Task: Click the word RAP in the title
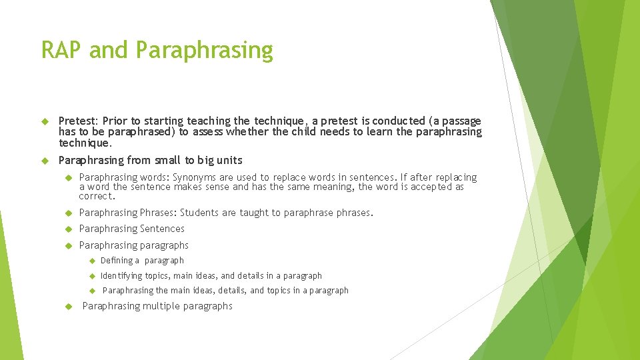[61, 50]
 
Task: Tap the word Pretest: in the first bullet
[79, 121]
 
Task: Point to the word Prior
[115, 121]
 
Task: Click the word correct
[97, 196]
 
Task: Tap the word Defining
[120, 261]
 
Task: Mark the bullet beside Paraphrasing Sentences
[67, 229]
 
